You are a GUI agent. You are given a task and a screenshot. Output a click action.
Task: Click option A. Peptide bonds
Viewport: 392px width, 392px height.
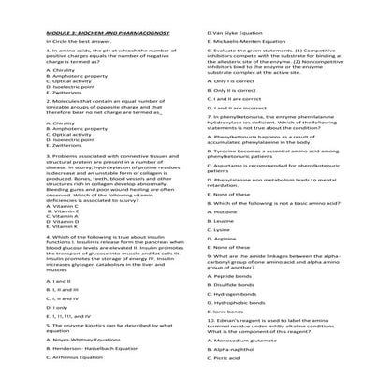tap(233, 277)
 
